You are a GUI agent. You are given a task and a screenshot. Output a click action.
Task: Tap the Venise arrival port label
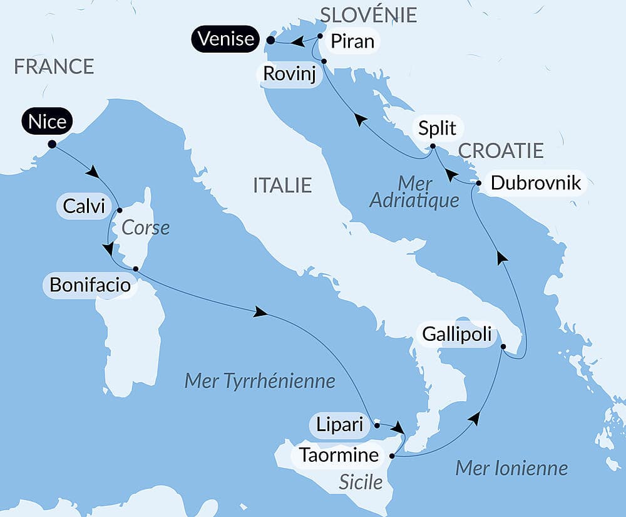pyautogui.click(x=227, y=39)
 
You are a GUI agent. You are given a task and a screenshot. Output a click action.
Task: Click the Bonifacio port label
pyautogui.click(x=90, y=286)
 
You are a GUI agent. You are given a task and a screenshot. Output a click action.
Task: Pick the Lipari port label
pyautogui.click(x=339, y=425)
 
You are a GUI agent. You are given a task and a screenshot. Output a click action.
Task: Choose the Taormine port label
pyautogui.click(x=339, y=454)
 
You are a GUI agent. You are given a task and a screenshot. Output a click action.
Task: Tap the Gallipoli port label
pyautogui.click(x=456, y=333)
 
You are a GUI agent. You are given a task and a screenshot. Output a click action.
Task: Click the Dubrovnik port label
pyautogui.click(x=536, y=183)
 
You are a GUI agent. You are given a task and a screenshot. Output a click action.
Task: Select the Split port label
pyautogui.click(x=438, y=128)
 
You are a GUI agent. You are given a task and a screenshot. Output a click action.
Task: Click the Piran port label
pyautogui.click(x=352, y=41)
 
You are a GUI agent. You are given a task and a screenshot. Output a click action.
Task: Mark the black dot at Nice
pyautogui.click(x=52, y=144)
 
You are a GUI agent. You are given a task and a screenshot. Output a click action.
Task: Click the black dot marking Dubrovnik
pyautogui.click(x=479, y=184)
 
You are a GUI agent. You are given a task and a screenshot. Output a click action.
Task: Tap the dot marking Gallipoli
pyautogui.click(x=503, y=346)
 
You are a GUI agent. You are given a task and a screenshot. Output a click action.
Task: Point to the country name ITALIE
pyautogui.click(x=282, y=185)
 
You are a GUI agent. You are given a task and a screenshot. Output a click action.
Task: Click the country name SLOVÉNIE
pyautogui.click(x=368, y=14)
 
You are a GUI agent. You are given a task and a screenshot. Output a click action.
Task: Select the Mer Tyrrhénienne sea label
pyautogui.click(x=260, y=381)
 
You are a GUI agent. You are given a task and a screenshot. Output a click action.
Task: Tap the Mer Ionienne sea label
pyautogui.click(x=511, y=467)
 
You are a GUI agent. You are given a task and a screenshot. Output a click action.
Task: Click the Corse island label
pyautogui.click(x=145, y=227)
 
